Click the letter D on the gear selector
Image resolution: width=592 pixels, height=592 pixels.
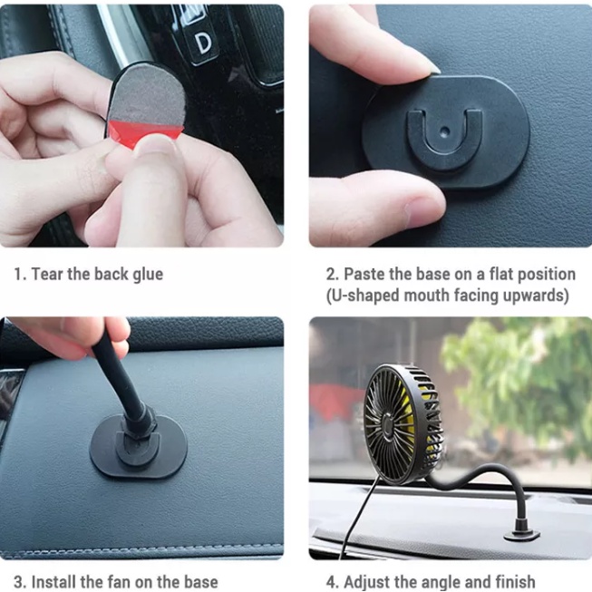click(x=203, y=44)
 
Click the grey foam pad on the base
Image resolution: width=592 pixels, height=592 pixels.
click(x=147, y=93)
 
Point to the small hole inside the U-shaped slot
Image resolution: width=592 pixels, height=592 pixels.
click(x=445, y=131)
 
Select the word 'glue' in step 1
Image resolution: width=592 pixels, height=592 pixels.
click(x=148, y=275)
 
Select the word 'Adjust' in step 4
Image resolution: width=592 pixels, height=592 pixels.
click(x=364, y=582)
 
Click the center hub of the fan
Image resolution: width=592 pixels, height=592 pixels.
click(x=388, y=423)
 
